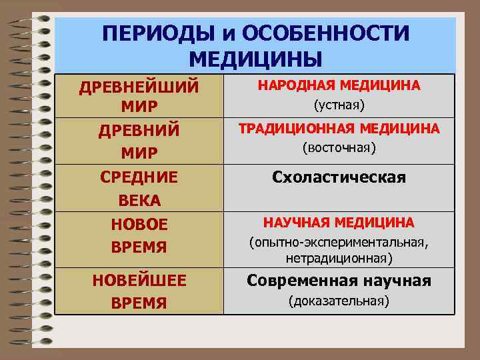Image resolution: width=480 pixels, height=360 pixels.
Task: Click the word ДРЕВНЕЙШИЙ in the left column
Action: (139, 87)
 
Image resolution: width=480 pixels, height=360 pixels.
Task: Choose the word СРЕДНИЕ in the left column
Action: (139, 177)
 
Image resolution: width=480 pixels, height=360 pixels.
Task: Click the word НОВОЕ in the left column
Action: (139, 224)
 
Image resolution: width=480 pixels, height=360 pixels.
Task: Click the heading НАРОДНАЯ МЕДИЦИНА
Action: (339, 85)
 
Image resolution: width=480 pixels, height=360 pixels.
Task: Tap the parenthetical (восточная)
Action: (339, 147)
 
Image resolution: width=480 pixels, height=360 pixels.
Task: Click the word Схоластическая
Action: (339, 177)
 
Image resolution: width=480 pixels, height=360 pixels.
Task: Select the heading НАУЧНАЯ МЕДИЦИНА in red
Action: (339, 222)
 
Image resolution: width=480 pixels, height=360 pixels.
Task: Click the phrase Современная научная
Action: (339, 281)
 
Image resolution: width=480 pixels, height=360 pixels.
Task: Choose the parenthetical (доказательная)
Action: (339, 301)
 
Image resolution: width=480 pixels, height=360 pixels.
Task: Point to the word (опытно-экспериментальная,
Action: (339, 243)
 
